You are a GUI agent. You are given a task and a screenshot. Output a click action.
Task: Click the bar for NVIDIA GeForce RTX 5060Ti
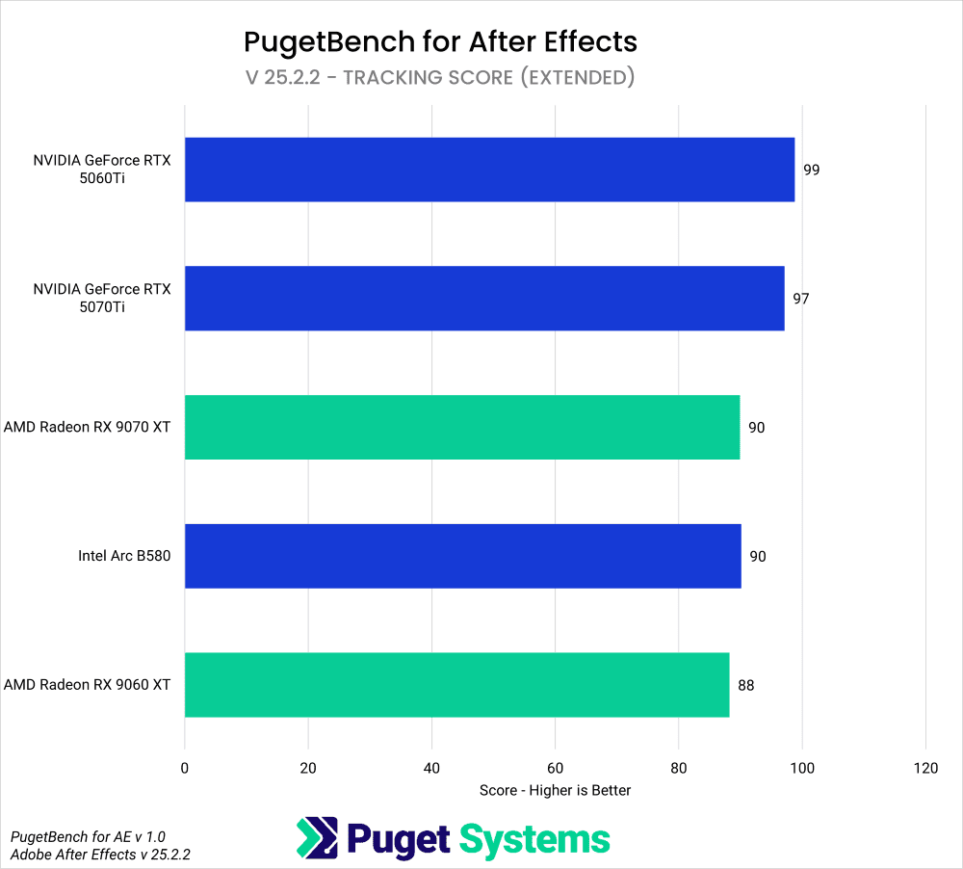(x=489, y=170)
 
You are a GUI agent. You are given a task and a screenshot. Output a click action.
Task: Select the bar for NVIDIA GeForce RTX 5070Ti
(x=484, y=299)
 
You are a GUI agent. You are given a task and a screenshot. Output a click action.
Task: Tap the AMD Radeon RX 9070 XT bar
(x=462, y=427)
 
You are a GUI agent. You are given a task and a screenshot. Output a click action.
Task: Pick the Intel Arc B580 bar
(x=462, y=556)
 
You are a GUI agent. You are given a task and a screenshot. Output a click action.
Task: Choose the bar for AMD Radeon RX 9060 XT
(x=456, y=685)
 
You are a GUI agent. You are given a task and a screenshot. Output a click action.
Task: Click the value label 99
(x=811, y=170)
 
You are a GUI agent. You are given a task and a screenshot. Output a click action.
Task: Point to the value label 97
(x=800, y=299)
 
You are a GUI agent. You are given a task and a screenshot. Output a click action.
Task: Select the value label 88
(x=745, y=685)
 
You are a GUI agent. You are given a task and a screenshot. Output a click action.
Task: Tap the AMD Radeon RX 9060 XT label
(x=88, y=685)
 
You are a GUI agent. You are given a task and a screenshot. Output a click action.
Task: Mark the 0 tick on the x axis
(x=185, y=768)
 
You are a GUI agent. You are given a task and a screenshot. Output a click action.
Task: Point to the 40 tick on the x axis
(x=431, y=768)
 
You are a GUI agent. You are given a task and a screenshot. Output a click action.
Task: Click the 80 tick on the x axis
(x=678, y=768)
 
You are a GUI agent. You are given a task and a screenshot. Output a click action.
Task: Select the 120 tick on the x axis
(x=924, y=768)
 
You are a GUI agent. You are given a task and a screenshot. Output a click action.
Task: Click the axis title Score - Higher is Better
(x=555, y=790)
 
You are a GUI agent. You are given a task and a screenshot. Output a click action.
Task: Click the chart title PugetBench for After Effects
(x=440, y=41)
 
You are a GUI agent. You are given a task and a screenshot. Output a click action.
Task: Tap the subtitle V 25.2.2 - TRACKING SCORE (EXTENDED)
(x=440, y=77)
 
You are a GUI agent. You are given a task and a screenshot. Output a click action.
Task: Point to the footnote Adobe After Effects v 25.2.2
(x=100, y=854)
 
